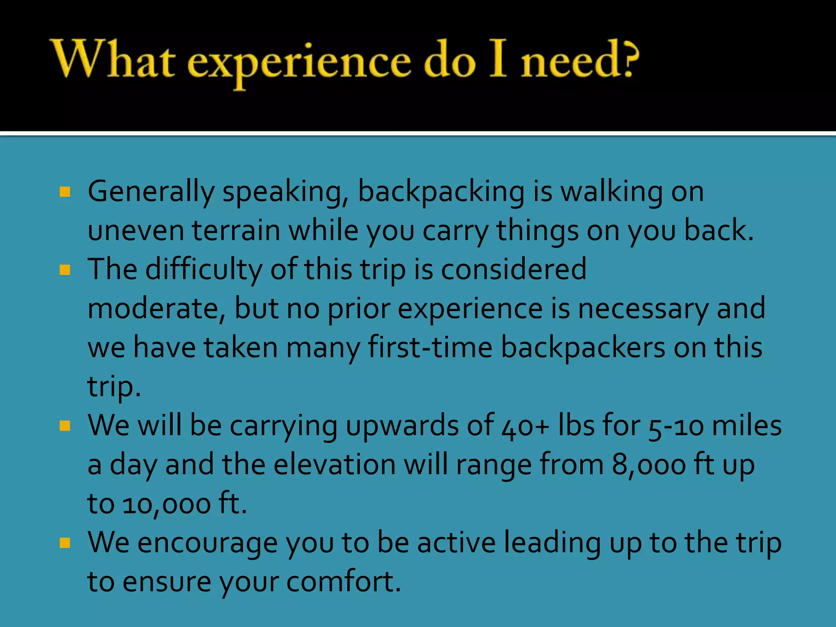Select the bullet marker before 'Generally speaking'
(65, 191)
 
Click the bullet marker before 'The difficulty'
(65, 270)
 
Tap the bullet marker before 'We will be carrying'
(65, 426)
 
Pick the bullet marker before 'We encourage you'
(65, 543)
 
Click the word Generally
(151, 192)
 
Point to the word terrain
(236, 230)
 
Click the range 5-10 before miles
(676, 426)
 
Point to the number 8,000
(649, 465)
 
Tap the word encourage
(207, 543)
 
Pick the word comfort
(343, 582)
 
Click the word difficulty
(204, 269)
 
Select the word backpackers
(583, 347)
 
